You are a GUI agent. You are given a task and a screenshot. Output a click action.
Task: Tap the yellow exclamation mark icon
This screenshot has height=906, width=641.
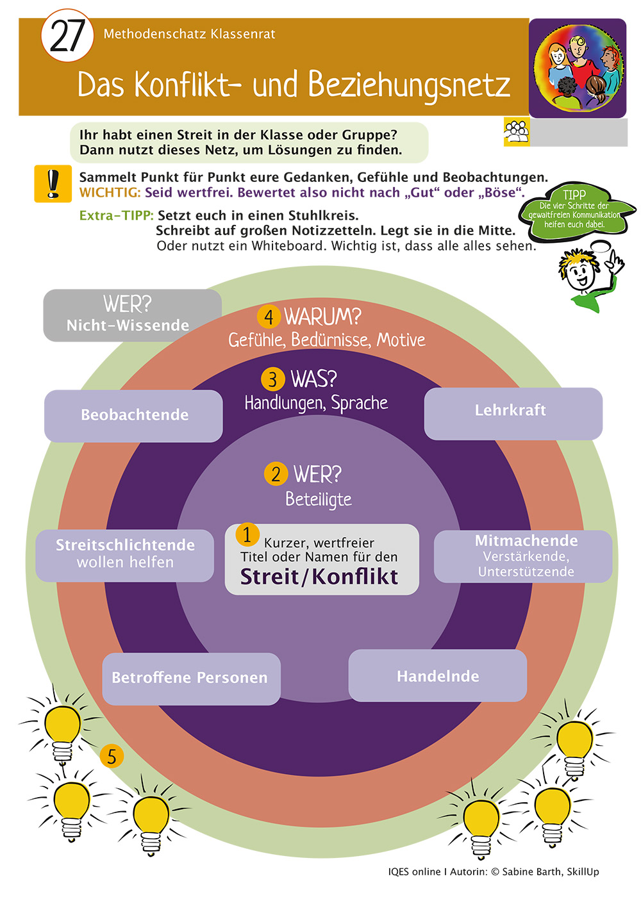[53, 184]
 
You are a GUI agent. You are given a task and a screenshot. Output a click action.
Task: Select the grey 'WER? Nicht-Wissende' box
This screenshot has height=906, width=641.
[132, 315]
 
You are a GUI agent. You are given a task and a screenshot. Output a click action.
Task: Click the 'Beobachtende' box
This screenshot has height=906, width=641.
[133, 415]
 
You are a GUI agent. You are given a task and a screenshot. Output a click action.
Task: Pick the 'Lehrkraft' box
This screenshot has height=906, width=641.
[513, 413]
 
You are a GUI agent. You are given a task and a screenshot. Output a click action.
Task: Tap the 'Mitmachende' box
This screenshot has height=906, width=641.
[523, 556]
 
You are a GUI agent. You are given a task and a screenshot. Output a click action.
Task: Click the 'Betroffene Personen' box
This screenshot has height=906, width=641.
[191, 679]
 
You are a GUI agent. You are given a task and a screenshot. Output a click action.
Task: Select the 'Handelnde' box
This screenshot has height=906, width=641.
[437, 676]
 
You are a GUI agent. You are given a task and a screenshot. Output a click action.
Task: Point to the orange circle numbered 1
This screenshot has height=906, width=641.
[247, 534]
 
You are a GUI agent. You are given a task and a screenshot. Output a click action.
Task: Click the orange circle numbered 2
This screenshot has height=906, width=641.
[276, 474]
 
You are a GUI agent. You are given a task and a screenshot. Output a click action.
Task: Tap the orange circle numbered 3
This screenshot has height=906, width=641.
[272, 379]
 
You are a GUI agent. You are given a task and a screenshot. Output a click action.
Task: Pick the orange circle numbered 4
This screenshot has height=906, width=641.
[269, 317]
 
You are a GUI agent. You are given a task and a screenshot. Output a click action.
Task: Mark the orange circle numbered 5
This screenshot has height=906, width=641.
[112, 757]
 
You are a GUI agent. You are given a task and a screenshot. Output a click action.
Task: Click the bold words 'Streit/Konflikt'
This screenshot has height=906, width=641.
[319, 577]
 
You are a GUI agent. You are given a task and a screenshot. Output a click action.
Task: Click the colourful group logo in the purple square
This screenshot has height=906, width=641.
[578, 68]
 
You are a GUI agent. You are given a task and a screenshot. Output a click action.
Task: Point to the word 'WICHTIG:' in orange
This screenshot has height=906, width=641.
[110, 193]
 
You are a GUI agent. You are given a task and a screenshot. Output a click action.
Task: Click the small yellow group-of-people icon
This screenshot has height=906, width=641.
[516, 132]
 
